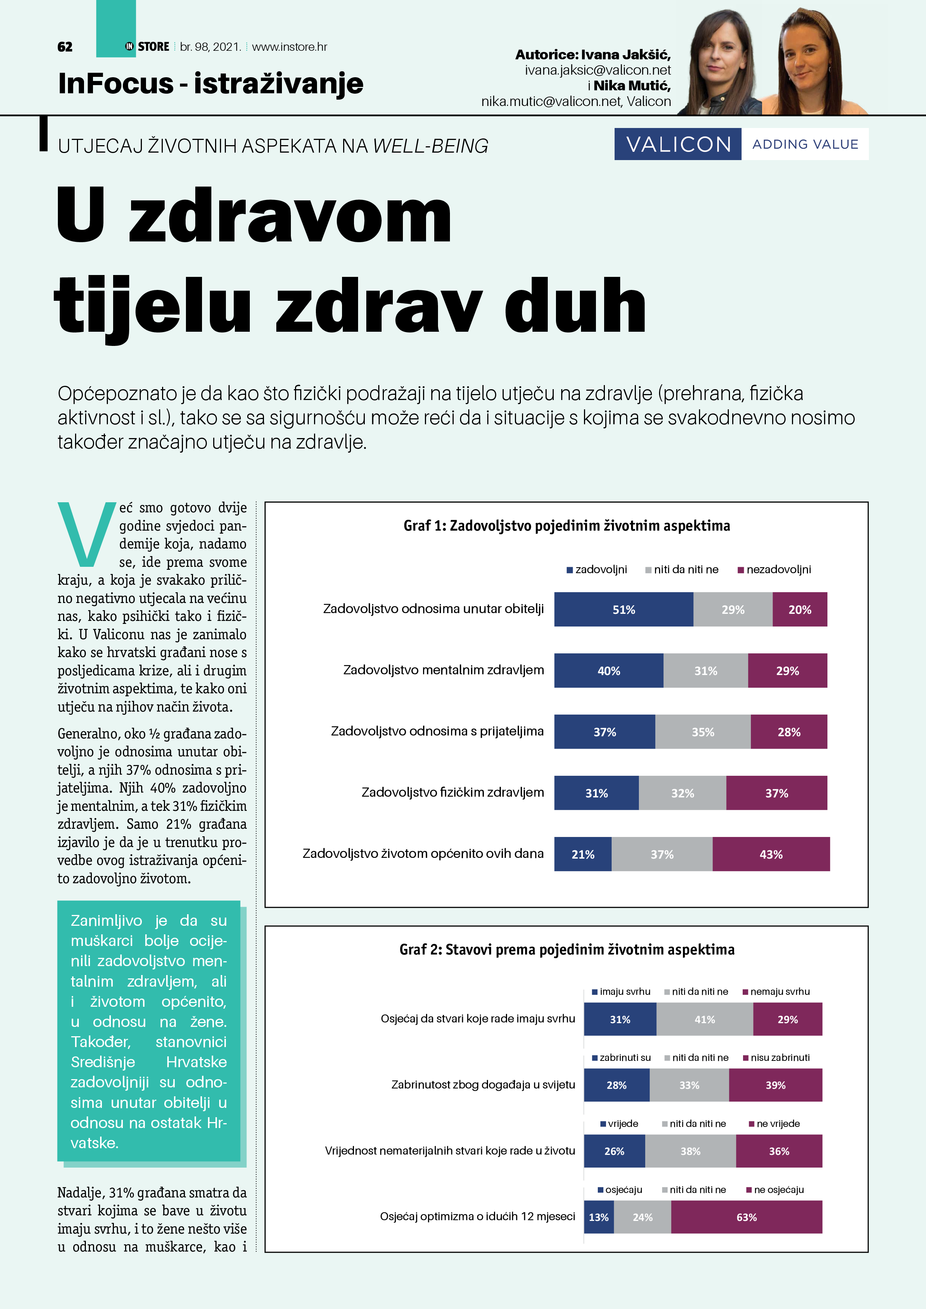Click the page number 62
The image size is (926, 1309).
[65, 47]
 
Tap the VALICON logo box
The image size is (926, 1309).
[678, 144]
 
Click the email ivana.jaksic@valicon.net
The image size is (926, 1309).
[597, 70]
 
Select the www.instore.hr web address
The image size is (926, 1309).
[289, 47]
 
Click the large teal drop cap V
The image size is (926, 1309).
[87, 534]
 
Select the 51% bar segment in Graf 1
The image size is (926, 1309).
[623, 609]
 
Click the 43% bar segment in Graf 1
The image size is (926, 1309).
[771, 854]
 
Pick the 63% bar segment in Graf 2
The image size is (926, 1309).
[746, 1217]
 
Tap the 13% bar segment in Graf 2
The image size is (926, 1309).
[599, 1217]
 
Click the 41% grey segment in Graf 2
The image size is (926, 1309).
[705, 1019]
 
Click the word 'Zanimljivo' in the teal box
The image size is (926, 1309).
[106, 921]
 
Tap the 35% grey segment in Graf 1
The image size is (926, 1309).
[703, 732]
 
